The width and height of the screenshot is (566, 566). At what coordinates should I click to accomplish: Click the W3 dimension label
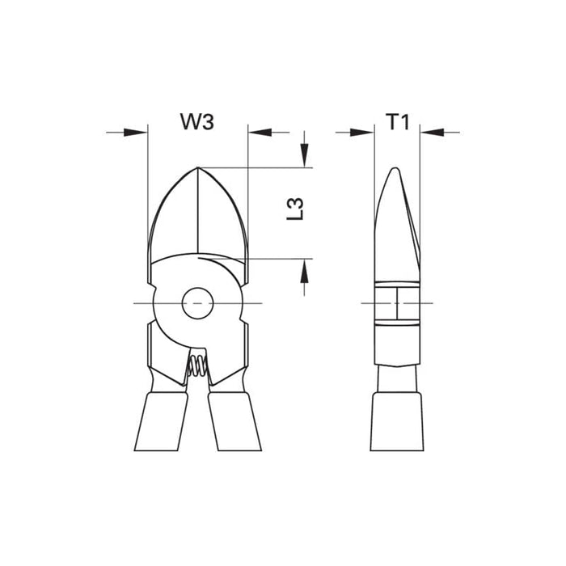(x=197, y=123)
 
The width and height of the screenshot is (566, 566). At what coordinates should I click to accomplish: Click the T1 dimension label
(x=397, y=123)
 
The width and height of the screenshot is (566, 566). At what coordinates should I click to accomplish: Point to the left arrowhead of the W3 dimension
(x=137, y=131)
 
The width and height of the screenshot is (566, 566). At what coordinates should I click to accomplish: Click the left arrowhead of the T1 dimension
(x=363, y=131)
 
